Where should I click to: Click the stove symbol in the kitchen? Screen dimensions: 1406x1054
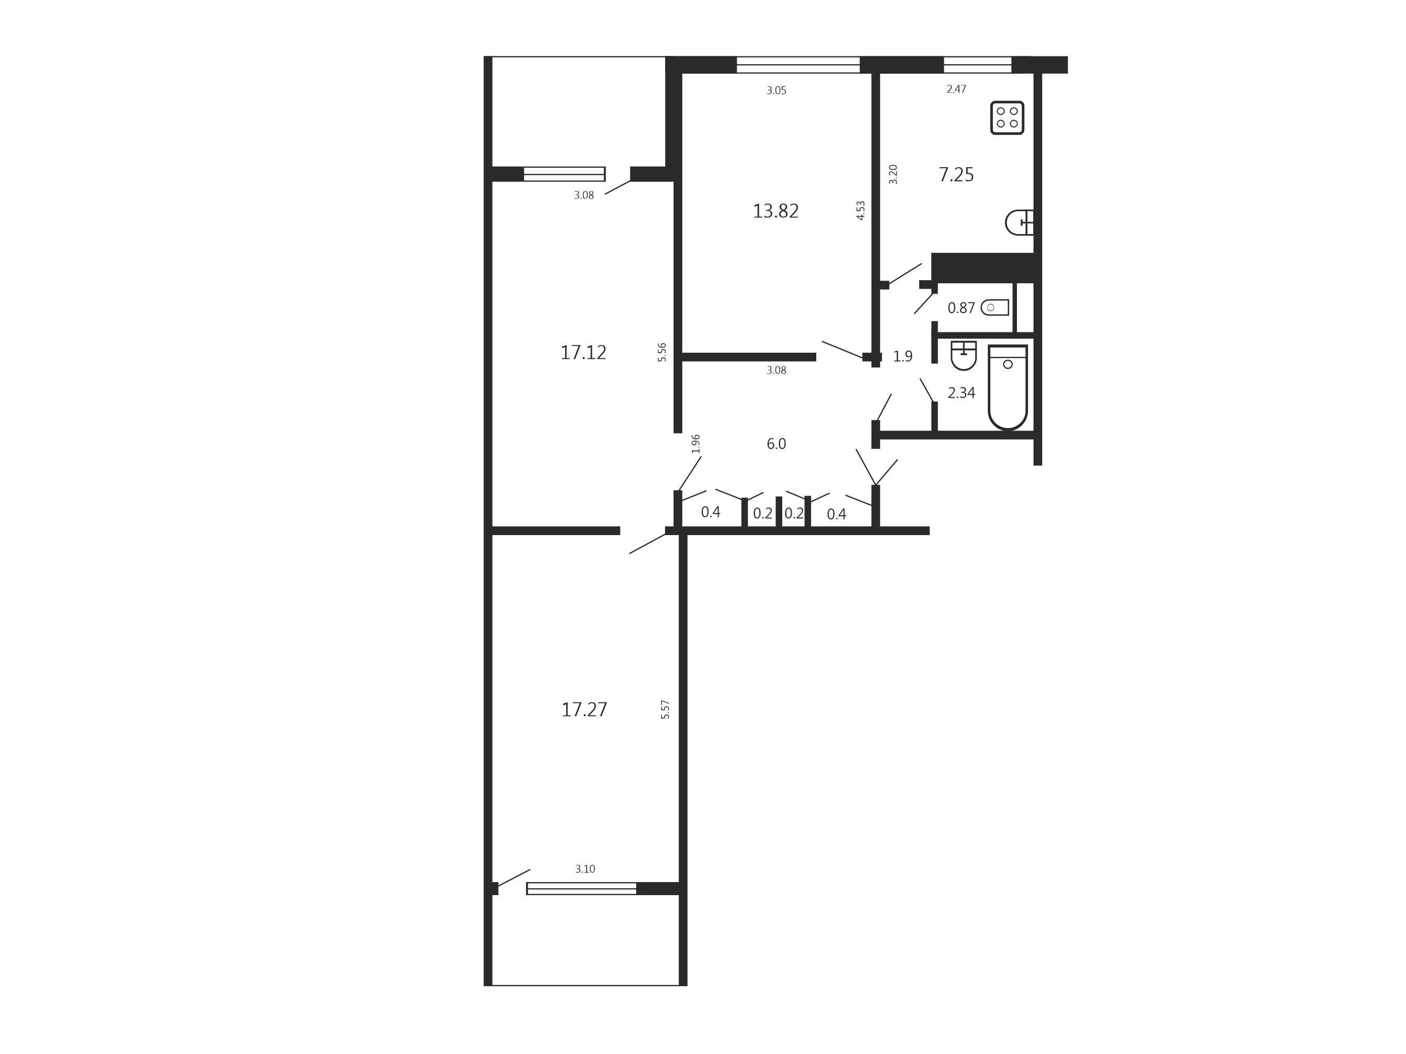(1007, 118)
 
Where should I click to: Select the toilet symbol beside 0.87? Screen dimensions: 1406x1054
(995, 307)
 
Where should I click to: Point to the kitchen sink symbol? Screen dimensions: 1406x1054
(1020, 223)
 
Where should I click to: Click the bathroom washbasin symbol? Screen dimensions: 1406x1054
(964, 355)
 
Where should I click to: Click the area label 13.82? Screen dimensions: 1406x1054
(775, 211)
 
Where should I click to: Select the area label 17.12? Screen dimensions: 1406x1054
(583, 353)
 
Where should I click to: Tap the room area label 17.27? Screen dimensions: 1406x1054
(584, 710)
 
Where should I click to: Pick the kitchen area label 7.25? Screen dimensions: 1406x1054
(956, 175)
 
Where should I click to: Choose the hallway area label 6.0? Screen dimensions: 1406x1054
(776, 444)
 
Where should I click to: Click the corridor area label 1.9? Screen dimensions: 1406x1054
(902, 356)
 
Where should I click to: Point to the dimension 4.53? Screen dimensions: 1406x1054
(861, 210)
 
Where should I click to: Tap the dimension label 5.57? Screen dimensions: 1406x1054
(666, 709)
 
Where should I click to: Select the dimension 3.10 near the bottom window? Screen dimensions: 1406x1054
(585, 869)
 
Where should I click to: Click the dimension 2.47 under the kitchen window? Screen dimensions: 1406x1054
(956, 89)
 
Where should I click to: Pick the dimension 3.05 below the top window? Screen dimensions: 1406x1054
(776, 90)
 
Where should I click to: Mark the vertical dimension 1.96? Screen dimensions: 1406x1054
(696, 444)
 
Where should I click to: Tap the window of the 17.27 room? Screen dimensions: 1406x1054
(581, 888)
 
